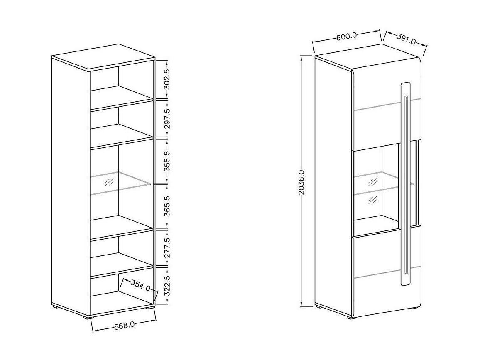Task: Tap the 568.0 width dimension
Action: click(x=124, y=326)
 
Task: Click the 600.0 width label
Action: click(x=347, y=37)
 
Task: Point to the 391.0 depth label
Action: click(x=406, y=39)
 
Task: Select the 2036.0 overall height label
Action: click(x=301, y=182)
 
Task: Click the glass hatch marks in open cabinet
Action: click(x=109, y=182)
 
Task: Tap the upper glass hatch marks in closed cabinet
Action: click(x=372, y=182)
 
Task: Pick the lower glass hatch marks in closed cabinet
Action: click(x=372, y=200)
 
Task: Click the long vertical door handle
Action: click(x=406, y=184)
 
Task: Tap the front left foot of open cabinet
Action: click(x=90, y=318)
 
